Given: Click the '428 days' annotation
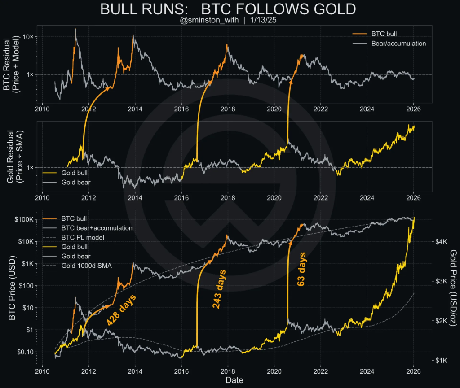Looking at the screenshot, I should click(x=120, y=310).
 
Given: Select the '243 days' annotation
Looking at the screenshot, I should click(x=219, y=288).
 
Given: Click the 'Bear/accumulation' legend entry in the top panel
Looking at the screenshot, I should click(x=398, y=43).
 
